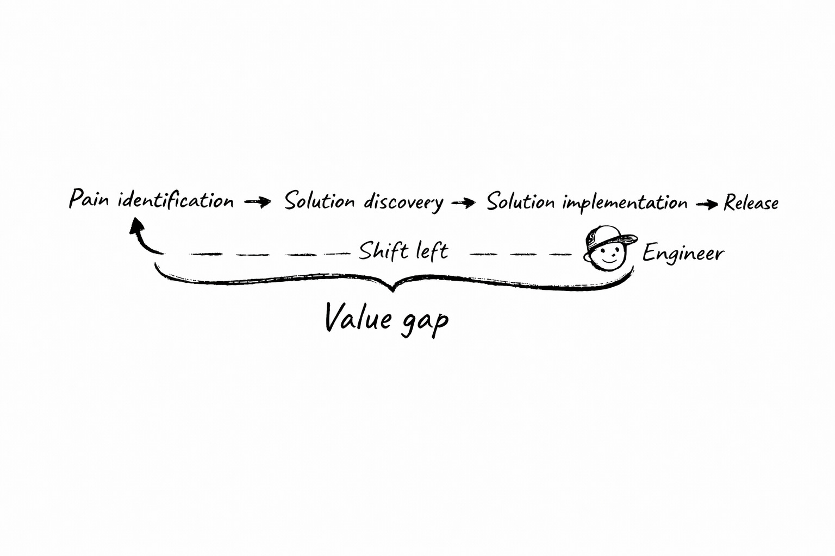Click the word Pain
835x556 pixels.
click(x=89, y=199)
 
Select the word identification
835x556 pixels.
click(x=176, y=200)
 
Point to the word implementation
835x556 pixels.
click(x=625, y=203)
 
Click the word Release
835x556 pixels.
click(x=751, y=204)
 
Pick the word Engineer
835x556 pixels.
click(x=683, y=254)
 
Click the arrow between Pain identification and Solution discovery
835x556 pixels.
click(x=258, y=203)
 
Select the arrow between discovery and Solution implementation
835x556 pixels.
click(x=463, y=203)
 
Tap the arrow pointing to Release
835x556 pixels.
click(x=706, y=204)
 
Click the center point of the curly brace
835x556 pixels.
click(x=393, y=288)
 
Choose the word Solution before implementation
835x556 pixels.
click(x=521, y=202)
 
